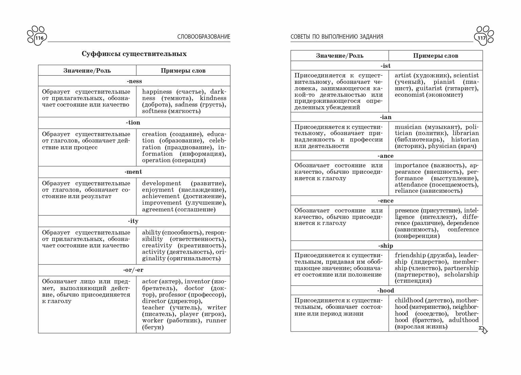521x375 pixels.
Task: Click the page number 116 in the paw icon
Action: click(x=39, y=38)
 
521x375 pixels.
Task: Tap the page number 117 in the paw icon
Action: click(x=482, y=38)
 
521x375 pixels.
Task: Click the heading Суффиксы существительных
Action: click(x=134, y=54)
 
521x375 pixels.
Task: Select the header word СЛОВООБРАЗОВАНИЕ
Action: click(x=204, y=37)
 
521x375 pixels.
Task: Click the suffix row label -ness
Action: click(x=134, y=81)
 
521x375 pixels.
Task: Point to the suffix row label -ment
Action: click(x=134, y=172)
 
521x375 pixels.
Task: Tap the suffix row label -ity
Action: click(x=134, y=221)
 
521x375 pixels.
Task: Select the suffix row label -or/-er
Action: click(x=134, y=270)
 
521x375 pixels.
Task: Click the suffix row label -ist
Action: click(x=386, y=66)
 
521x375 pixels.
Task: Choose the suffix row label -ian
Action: click(x=386, y=117)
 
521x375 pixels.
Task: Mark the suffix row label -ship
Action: click(x=386, y=246)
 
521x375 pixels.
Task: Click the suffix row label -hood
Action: click(x=386, y=290)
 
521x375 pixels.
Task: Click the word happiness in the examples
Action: click(x=157, y=92)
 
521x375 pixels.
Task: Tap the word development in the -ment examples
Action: click(x=161, y=183)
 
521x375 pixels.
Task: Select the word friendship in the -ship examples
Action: click(x=410, y=255)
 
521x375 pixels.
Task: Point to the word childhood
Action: click(x=409, y=300)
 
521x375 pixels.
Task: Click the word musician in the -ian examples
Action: click(x=408, y=127)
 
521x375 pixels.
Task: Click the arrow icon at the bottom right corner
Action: click(x=483, y=330)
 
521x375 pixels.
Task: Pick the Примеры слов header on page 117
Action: click(x=435, y=56)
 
